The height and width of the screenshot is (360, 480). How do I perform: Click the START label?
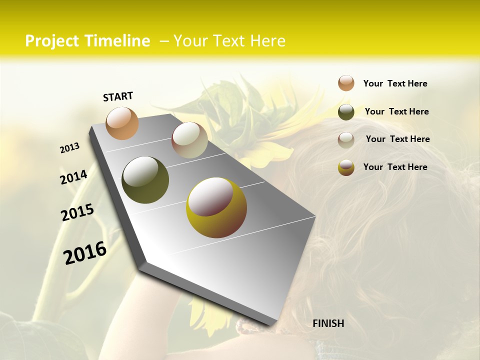coord(118,96)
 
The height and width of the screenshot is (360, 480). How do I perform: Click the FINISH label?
coord(328,323)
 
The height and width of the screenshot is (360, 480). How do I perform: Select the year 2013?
coord(70,148)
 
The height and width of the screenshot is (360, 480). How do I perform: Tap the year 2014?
coord(73,177)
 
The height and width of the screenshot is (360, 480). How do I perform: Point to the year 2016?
coord(85,252)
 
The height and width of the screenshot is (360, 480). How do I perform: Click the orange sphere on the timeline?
coord(122,123)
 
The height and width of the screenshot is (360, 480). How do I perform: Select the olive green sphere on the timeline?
coord(145,180)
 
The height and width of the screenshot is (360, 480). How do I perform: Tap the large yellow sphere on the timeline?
coord(216,207)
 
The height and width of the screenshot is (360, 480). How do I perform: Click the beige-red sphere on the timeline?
coord(189,140)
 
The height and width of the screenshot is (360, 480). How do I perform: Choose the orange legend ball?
coord(346,83)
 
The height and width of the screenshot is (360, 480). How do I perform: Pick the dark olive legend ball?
coord(346,112)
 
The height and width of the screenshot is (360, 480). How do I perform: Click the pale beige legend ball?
coord(346,139)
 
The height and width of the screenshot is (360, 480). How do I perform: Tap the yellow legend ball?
coord(346,167)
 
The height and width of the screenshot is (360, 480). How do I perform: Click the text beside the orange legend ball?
coord(395,83)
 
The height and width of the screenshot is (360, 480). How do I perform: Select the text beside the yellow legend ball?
coord(395,167)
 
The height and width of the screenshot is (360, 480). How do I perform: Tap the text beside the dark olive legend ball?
coord(396,111)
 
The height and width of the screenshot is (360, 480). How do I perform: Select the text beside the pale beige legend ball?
coord(397,139)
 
